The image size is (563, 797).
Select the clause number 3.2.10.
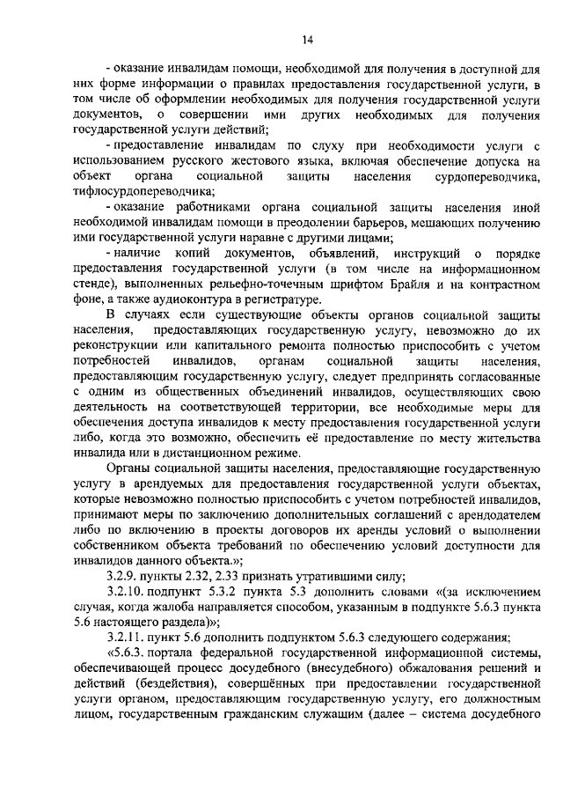click(x=125, y=590)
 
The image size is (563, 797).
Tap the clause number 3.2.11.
click(x=125, y=637)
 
